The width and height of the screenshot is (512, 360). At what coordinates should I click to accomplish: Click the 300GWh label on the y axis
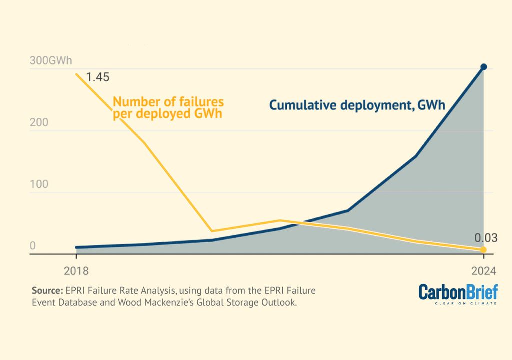point(51,61)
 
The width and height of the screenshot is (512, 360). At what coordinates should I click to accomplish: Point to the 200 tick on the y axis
point(39,122)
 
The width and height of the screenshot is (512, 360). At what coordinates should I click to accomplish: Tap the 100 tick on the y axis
point(39,184)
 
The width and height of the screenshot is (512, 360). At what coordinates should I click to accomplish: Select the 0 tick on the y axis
point(33,246)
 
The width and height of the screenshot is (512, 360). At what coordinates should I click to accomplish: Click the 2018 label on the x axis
point(76,271)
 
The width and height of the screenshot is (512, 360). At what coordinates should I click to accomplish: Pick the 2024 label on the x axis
point(483,271)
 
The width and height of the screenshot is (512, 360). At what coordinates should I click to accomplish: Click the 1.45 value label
point(97,77)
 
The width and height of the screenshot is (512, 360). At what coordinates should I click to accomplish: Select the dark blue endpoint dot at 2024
point(483,67)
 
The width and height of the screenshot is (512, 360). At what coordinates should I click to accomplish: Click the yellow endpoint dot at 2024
point(483,249)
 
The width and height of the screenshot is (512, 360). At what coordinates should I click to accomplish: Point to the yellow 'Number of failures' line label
point(168,108)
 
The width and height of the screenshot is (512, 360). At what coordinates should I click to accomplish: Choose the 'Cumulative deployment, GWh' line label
point(357,105)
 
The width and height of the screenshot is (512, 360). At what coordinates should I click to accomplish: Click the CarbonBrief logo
point(458,293)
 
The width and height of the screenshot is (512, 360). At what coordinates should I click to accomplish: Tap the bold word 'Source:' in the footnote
point(47,290)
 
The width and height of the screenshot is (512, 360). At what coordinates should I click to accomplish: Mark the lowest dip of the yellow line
point(212,231)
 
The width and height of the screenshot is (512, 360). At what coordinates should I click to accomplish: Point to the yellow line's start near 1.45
point(76,75)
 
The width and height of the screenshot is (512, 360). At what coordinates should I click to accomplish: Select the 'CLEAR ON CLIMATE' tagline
point(466,303)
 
